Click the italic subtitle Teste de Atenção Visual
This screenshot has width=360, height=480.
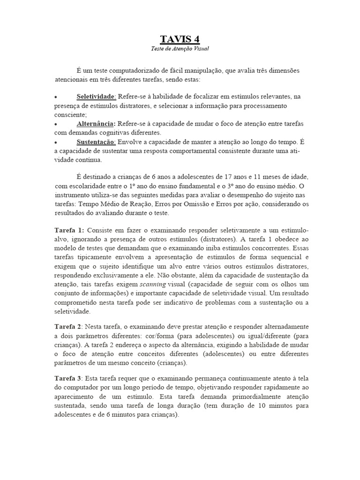point(180,49)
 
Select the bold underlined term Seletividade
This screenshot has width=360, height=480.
point(96,97)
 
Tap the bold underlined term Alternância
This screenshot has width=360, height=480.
point(96,123)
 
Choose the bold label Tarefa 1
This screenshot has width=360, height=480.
point(69,231)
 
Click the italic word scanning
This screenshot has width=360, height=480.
point(153,285)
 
